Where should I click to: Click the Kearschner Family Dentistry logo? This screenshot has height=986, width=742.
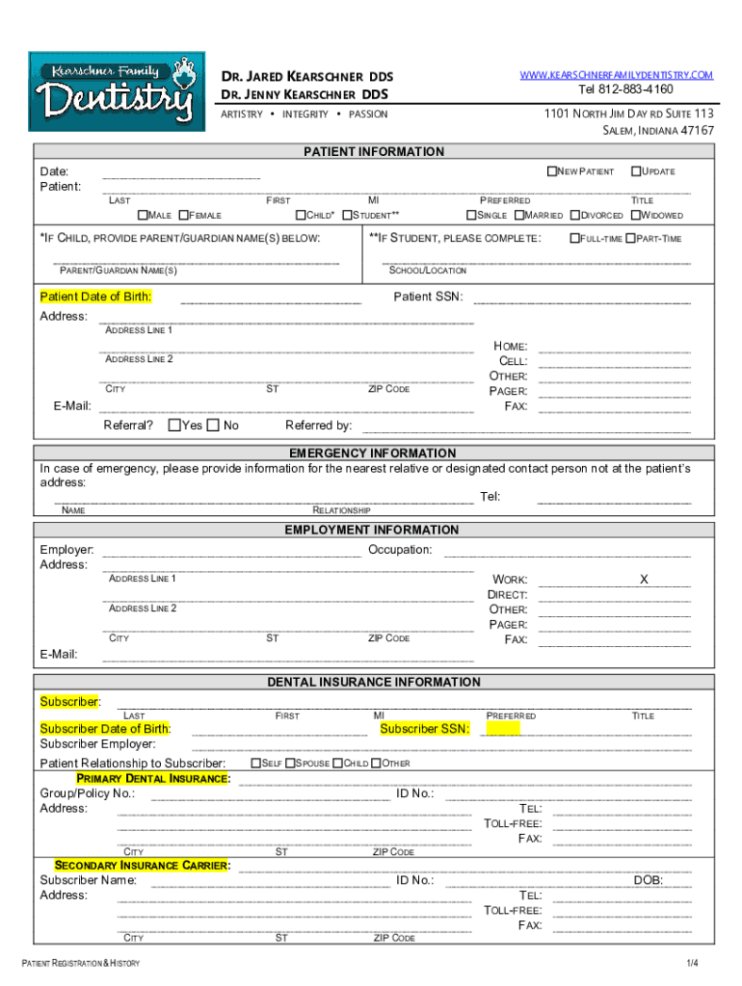pyautogui.click(x=111, y=91)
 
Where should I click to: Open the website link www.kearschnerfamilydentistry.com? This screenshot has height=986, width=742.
pyautogui.click(x=617, y=75)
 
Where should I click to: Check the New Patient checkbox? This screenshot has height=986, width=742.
pyautogui.click(x=552, y=171)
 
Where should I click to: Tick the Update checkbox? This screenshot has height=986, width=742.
pyautogui.click(x=636, y=171)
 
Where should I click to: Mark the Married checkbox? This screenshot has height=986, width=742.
pyautogui.click(x=518, y=216)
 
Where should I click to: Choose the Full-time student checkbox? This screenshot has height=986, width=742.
pyautogui.click(x=574, y=238)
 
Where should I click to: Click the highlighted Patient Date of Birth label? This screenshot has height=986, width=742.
pyautogui.click(x=95, y=297)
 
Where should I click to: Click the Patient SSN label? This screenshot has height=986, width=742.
pyautogui.click(x=428, y=297)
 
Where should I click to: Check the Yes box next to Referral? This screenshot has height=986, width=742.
pyautogui.click(x=173, y=426)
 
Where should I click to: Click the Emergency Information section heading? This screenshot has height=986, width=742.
pyautogui.click(x=373, y=453)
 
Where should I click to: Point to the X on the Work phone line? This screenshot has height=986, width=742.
pyautogui.click(x=644, y=580)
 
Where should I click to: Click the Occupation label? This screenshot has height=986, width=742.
pyautogui.click(x=399, y=550)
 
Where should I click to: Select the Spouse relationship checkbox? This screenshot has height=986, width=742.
pyautogui.click(x=289, y=763)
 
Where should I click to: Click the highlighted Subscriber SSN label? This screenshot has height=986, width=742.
pyautogui.click(x=425, y=729)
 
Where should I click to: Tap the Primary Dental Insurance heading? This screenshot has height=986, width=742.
pyautogui.click(x=153, y=778)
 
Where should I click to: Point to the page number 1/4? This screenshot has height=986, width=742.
pyautogui.click(x=692, y=964)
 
